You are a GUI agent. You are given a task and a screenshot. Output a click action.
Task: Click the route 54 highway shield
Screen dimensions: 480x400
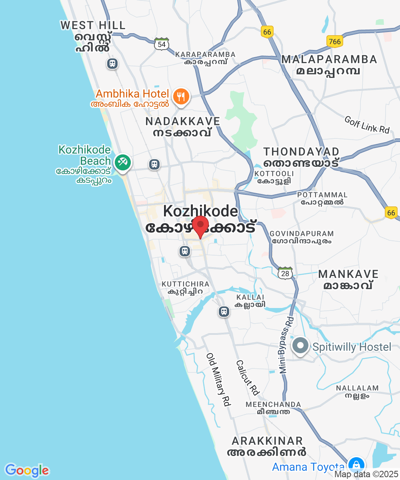click(x=162, y=44)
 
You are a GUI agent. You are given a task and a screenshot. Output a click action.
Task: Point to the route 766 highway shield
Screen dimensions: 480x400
click(x=334, y=41)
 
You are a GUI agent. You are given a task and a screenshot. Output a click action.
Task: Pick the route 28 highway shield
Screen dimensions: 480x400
click(x=285, y=273)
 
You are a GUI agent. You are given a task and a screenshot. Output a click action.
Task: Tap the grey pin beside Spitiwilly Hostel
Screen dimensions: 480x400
click(x=300, y=346)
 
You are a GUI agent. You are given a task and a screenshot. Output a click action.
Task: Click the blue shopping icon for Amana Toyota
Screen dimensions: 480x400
click(x=355, y=465)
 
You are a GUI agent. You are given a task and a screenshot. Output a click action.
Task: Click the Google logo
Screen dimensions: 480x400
click(x=27, y=470)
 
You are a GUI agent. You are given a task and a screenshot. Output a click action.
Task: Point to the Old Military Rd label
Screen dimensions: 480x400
click(x=219, y=380)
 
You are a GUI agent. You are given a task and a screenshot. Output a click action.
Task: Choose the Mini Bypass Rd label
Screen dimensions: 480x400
click(x=287, y=345)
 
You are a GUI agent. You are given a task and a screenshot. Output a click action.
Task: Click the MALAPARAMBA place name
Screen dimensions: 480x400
click(x=329, y=60)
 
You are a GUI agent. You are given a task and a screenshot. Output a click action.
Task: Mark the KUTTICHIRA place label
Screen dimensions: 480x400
click(x=185, y=284)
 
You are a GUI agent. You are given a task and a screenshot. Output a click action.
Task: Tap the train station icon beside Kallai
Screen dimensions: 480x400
click(x=224, y=311)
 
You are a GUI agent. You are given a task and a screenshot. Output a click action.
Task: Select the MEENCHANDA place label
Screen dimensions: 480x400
click(x=273, y=404)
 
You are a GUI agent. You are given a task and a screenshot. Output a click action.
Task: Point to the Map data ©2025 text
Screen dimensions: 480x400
click(x=366, y=474)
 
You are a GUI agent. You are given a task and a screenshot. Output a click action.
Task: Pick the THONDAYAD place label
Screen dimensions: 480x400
click(x=301, y=152)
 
